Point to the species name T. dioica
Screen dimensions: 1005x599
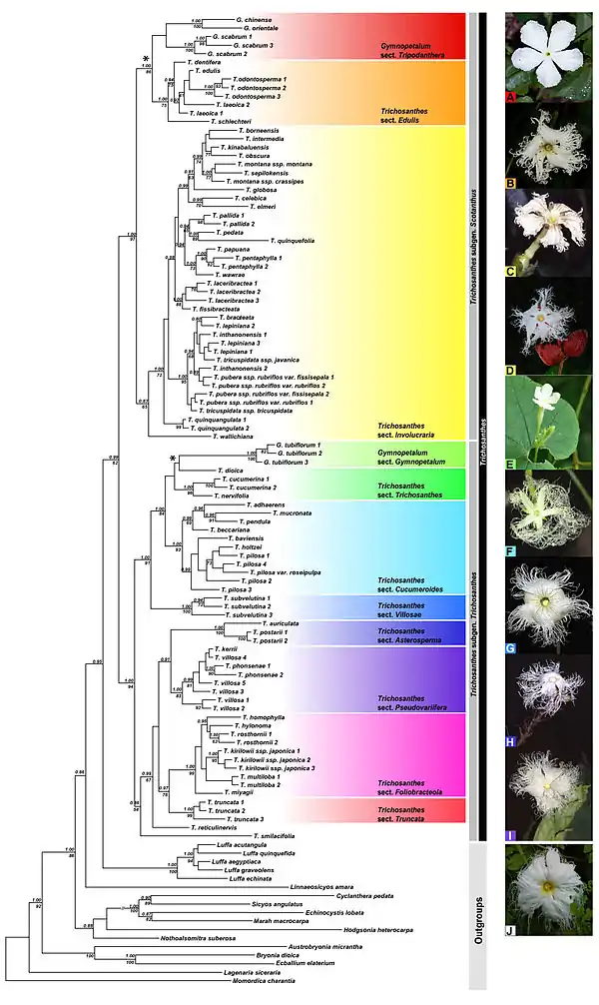(229, 470)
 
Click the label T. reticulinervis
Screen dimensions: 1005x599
(213, 827)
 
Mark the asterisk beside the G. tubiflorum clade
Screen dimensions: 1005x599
(174, 458)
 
